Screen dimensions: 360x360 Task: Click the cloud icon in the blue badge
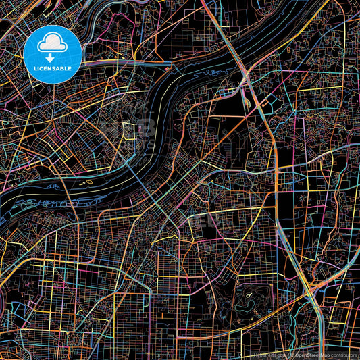(x=53, y=45)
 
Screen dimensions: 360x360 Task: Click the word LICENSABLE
(x=53, y=68)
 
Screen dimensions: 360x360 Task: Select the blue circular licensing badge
(x=53, y=54)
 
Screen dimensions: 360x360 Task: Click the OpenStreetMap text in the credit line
(x=313, y=354)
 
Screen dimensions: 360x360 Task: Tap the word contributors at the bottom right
(x=342, y=354)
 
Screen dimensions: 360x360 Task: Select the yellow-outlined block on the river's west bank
(x=129, y=130)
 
